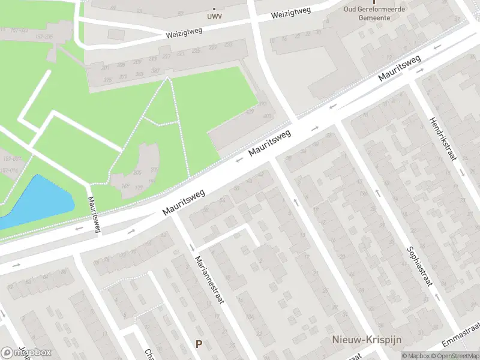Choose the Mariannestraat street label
(x=209, y=279)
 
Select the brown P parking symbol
(x=199, y=344)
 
